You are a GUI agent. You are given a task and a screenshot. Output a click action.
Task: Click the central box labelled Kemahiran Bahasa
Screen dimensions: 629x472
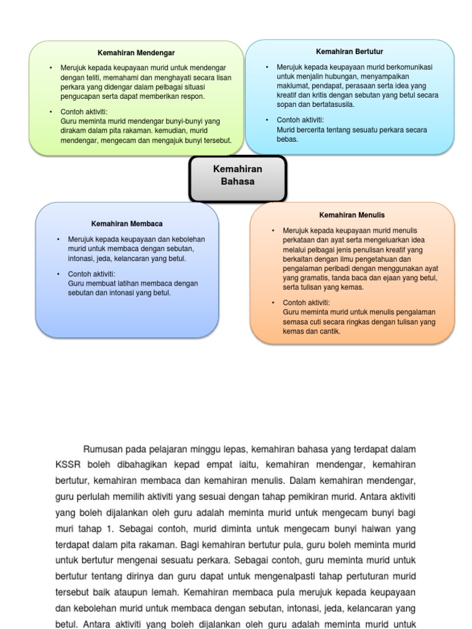(237, 175)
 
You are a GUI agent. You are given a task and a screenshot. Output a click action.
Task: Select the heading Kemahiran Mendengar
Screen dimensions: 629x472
(136, 53)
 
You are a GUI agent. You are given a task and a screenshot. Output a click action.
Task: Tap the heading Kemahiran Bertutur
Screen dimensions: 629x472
(349, 52)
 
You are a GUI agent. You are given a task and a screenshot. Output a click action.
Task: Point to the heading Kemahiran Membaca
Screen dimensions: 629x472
(127, 224)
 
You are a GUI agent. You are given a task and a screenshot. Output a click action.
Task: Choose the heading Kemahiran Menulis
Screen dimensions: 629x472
(352, 215)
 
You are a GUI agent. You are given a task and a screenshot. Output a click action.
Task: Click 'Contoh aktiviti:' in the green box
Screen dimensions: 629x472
(84, 112)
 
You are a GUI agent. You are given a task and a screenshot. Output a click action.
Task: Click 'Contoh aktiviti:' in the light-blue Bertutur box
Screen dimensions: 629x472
(300, 120)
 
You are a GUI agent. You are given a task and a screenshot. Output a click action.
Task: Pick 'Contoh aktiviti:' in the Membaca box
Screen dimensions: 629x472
(92, 274)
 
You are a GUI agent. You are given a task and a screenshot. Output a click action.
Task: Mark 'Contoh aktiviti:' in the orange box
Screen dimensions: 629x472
(306, 303)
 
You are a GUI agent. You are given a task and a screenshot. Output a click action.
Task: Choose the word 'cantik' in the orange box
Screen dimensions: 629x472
(329, 331)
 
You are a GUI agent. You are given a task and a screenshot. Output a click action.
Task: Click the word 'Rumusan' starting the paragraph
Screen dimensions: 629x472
(104, 449)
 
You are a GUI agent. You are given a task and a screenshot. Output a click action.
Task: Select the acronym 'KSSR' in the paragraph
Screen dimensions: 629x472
(68, 465)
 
